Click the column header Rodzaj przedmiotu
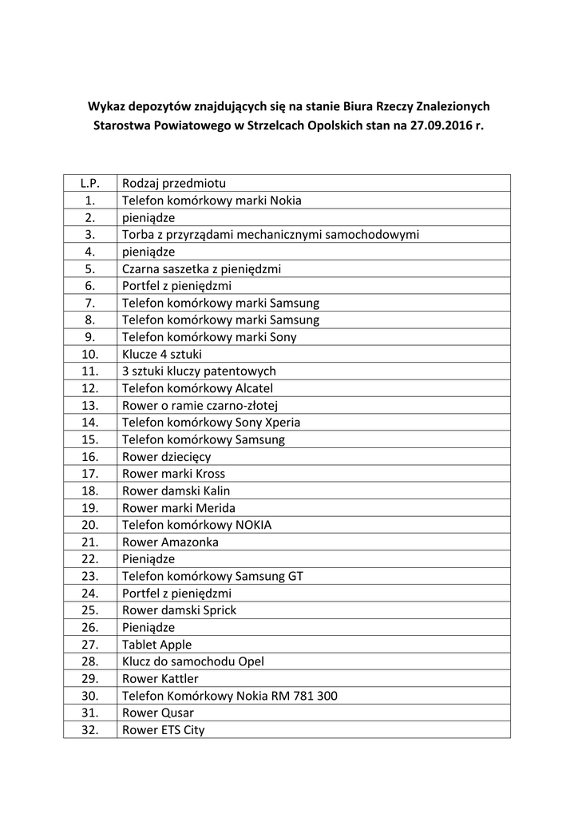[x=173, y=184]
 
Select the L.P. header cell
[x=89, y=184]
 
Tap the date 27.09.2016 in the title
[x=442, y=126]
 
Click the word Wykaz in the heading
[x=107, y=105]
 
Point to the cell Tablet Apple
[x=156, y=645]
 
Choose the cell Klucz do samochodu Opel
[x=192, y=661]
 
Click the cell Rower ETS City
[x=163, y=729]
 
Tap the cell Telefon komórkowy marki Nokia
[x=212, y=201]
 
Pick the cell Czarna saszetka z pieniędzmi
[x=201, y=269]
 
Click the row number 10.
[x=89, y=354]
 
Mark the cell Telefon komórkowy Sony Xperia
[x=211, y=423]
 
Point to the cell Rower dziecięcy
[x=166, y=457]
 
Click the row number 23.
[x=89, y=576]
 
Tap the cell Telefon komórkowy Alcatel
[x=197, y=388]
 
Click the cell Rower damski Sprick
[x=179, y=610]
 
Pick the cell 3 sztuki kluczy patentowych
[x=199, y=371]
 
